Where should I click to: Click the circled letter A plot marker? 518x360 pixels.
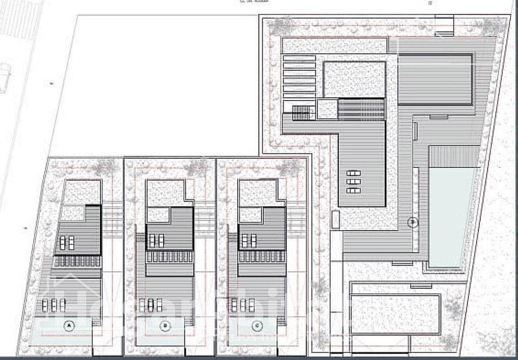coord(69,326)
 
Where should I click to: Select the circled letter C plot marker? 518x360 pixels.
coord(258,326)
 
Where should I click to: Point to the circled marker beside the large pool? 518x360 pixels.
coord(413,223)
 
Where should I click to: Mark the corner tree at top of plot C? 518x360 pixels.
coord(289,167)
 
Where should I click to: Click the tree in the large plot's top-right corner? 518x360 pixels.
coord(494,27)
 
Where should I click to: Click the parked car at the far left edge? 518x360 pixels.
coord(4,77)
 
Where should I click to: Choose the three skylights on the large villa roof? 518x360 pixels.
coord(354,181)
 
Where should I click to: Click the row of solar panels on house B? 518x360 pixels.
coord(169,257)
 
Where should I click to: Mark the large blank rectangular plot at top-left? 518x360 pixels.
coord(156,85)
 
